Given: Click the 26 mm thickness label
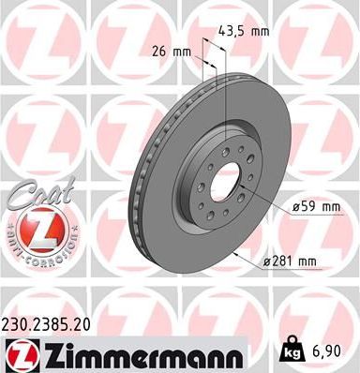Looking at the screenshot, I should (171, 51).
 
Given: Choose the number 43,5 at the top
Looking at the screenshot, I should (228, 32).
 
